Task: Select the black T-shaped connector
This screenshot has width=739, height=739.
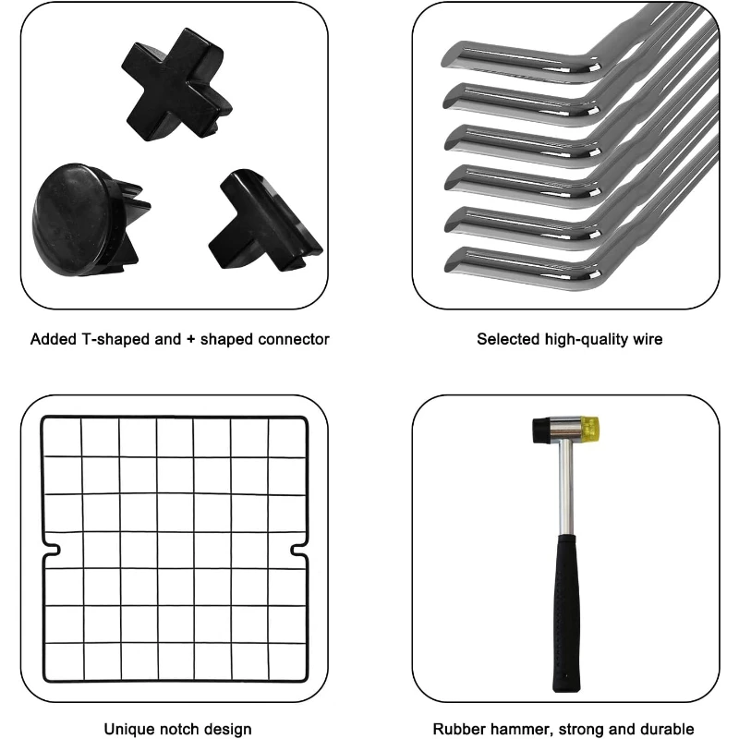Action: (265, 222)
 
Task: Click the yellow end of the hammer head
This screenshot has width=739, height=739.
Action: (591, 428)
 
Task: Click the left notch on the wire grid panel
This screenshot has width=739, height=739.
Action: (52, 550)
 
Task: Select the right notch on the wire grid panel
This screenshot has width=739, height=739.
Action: (298, 550)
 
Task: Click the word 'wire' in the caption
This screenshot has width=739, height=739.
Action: (648, 339)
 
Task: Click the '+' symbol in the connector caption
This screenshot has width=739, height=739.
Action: (190, 339)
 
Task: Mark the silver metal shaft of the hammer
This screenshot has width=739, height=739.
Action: (566, 488)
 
